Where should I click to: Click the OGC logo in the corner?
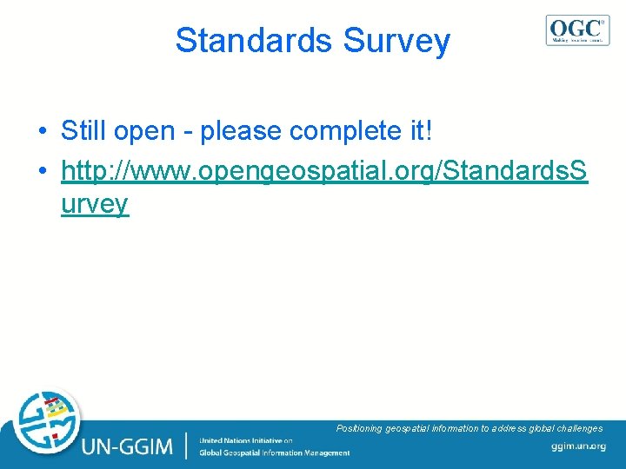point(577,30)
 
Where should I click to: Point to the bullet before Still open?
point(43,133)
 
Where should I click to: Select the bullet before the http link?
point(43,172)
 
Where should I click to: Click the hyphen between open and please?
point(189,133)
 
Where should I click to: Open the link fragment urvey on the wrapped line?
point(95,204)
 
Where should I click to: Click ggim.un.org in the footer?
point(578,446)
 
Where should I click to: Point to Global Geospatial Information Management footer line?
point(274,452)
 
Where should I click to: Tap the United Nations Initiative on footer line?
point(246,440)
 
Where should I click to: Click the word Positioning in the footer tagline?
point(359,428)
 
